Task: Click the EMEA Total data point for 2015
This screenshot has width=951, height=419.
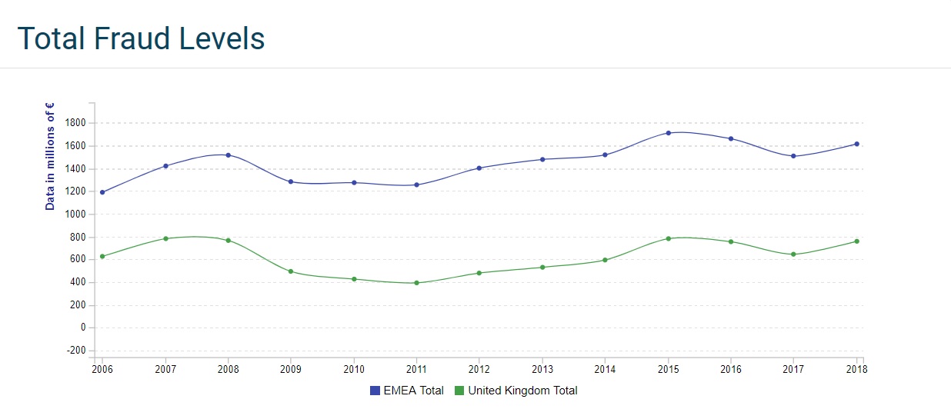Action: point(669,133)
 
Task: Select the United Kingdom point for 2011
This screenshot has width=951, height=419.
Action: point(416,283)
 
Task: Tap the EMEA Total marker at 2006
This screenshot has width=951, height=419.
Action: point(102,192)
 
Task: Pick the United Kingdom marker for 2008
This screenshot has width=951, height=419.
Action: point(228,241)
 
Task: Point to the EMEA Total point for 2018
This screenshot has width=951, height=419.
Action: point(856,144)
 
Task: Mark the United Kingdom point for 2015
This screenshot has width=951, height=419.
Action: point(669,238)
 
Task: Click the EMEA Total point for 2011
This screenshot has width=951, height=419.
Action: point(416,185)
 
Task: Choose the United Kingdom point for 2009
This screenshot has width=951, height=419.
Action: point(291,271)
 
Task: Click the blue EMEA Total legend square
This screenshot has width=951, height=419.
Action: point(375,391)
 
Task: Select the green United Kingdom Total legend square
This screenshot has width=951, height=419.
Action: point(459,391)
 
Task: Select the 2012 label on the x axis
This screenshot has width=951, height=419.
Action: point(479,369)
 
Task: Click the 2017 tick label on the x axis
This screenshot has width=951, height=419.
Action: point(793,369)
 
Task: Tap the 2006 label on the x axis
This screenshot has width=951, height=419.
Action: point(102,369)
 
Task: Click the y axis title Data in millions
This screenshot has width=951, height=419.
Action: point(50,156)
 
